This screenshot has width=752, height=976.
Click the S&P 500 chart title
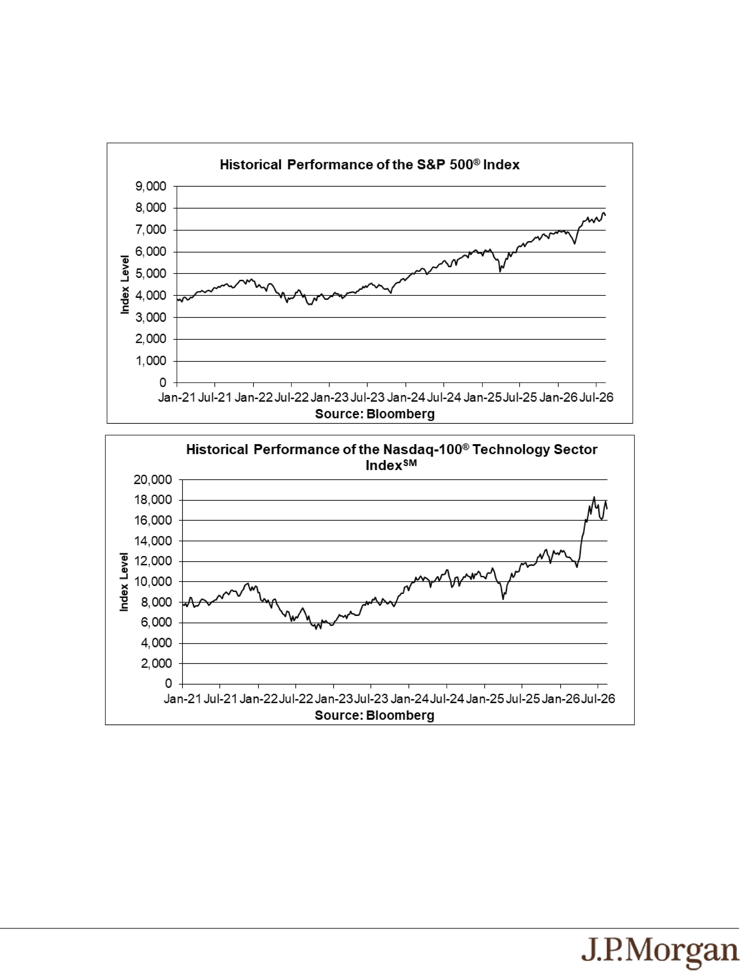click(x=370, y=165)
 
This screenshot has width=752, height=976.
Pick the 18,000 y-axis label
click(x=153, y=500)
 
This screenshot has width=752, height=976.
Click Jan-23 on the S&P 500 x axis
click(x=329, y=397)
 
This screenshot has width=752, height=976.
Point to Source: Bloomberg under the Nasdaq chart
click(x=374, y=715)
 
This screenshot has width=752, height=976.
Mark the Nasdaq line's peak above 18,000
click(x=594, y=497)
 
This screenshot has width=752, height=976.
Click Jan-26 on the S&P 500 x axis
click(x=558, y=397)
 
